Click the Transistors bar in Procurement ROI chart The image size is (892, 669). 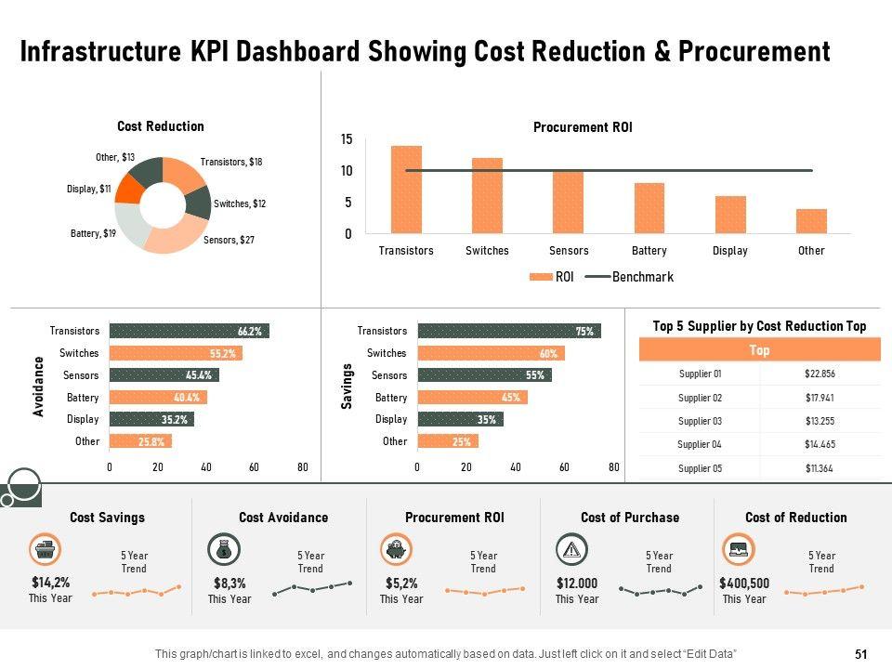[x=406, y=190]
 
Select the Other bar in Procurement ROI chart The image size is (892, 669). [x=811, y=221]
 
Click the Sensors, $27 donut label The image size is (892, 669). [x=229, y=240]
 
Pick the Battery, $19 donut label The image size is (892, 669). [x=93, y=233]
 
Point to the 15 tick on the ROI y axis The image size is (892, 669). [x=347, y=139]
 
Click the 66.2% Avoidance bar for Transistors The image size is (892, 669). [x=189, y=331]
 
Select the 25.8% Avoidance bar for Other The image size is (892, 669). [x=140, y=441]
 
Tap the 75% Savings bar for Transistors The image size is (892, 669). [x=509, y=331]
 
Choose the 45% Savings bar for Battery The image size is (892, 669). [x=472, y=398]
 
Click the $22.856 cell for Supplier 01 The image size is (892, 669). [x=820, y=374]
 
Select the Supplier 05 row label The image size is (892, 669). [x=700, y=468]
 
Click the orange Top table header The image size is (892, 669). [x=759, y=350]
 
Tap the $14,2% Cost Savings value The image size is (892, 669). [x=50, y=584]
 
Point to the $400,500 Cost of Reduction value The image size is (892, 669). [x=744, y=584]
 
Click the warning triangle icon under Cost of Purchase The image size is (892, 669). [x=571, y=550]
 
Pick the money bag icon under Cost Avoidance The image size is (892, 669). [x=224, y=550]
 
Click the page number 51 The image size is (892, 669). [x=860, y=654]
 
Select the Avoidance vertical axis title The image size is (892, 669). [x=39, y=386]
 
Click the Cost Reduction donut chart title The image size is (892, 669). [x=160, y=126]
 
